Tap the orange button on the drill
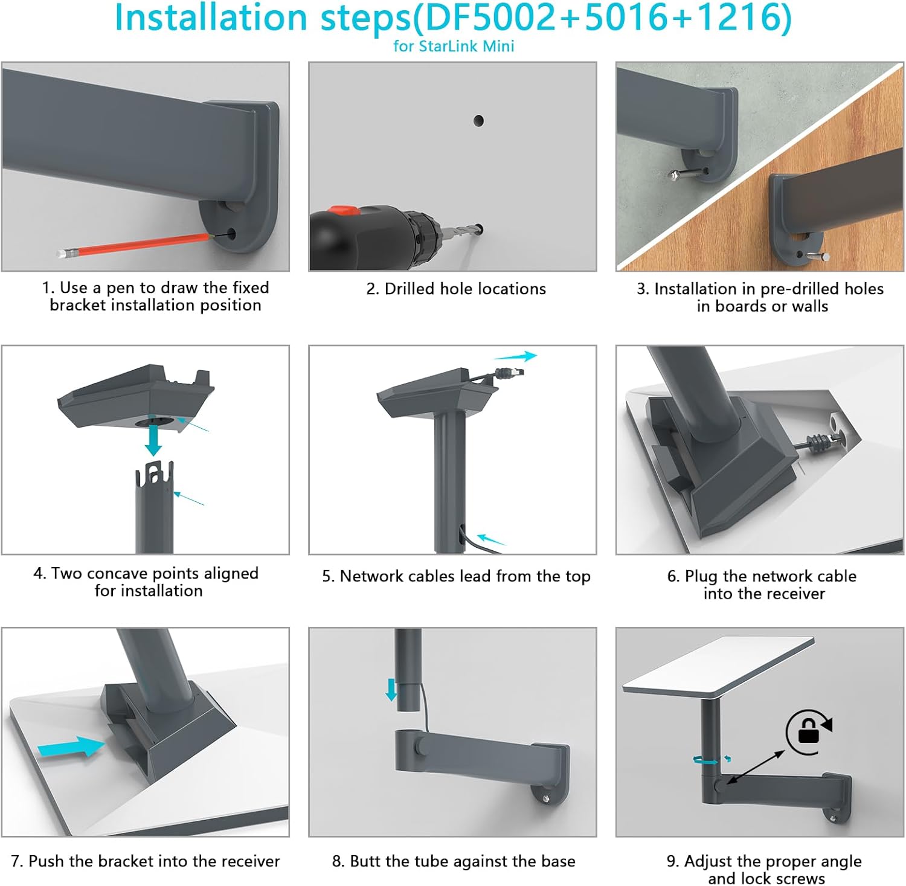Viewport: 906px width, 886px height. tap(342, 211)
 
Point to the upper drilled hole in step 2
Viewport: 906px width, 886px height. tap(478, 121)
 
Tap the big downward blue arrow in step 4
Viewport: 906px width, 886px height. tap(154, 440)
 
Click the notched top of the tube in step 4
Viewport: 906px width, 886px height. tap(154, 474)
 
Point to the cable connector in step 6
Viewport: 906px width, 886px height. tap(818, 441)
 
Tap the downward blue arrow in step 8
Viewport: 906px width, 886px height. tap(391, 689)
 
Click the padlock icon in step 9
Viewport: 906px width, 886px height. tap(808, 732)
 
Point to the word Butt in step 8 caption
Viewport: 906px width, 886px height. tap(364, 861)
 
